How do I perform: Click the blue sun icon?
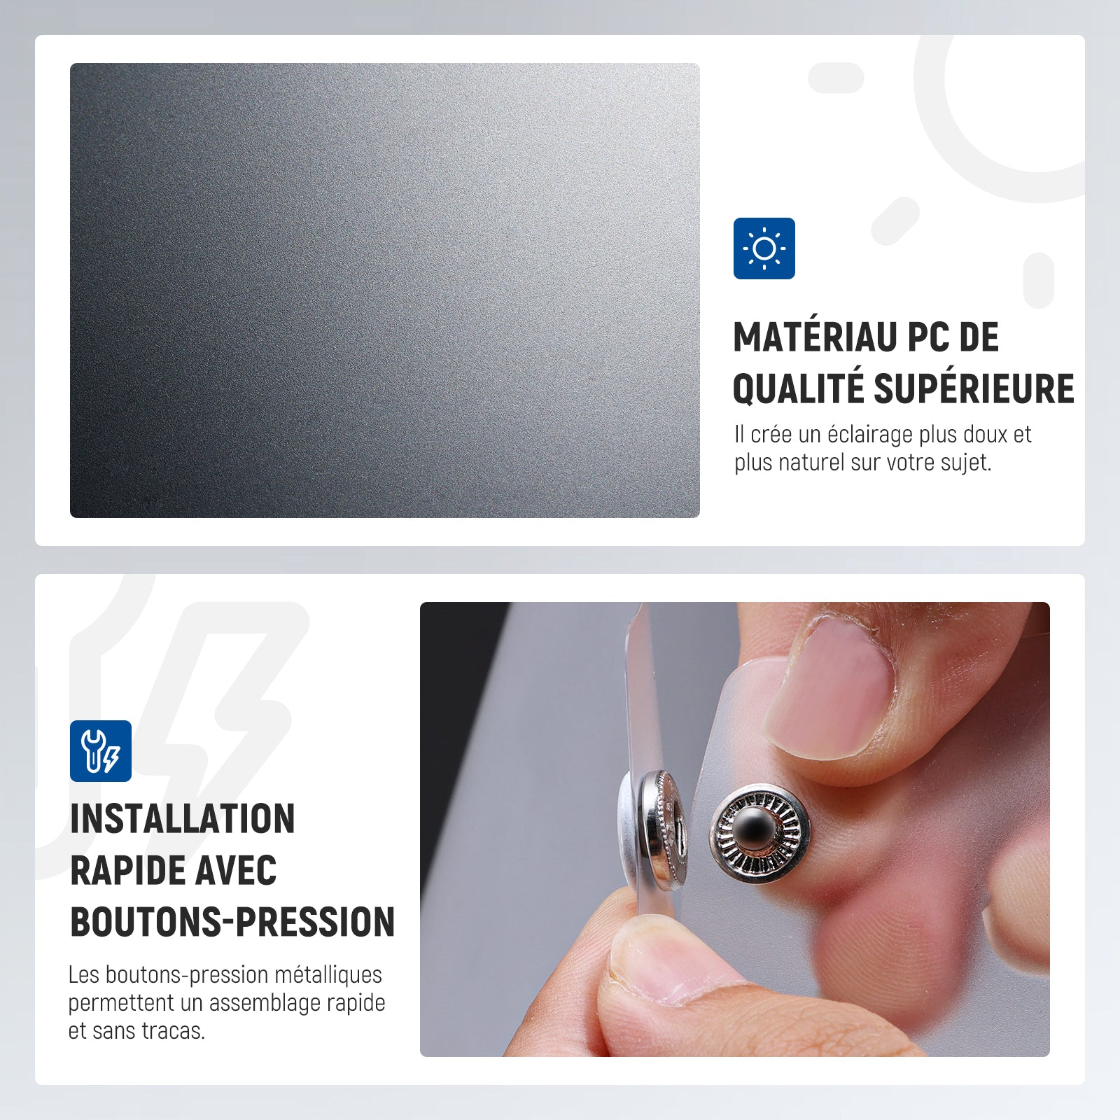(764, 248)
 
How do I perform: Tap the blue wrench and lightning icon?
(101, 751)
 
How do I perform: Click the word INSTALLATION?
(183, 818)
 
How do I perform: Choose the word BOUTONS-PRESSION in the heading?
(232, 922)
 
